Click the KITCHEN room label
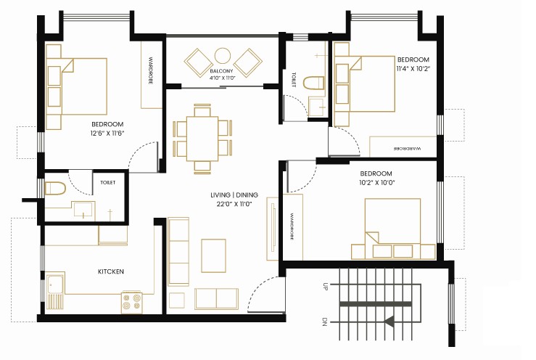(111, 271)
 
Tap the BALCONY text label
(221, 71)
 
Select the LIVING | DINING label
(234, 195)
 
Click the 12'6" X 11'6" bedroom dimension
(107, 133)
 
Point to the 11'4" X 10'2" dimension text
(413, 68)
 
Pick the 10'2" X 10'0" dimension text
(377, 182)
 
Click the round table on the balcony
(223, 55)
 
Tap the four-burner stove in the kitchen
(132, 302)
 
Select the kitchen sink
(55, 291)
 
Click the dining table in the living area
(202, 139)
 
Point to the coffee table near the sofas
(214, 255)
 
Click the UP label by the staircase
(325, 287)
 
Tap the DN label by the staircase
(325, 322)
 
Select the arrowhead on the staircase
(389, 322)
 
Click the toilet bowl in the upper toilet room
(313, 83)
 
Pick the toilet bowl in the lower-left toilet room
(55, 189)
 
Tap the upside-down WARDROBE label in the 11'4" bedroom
(408, 149)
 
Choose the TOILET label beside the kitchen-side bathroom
(107, 182)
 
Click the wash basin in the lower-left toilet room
(83, 210)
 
